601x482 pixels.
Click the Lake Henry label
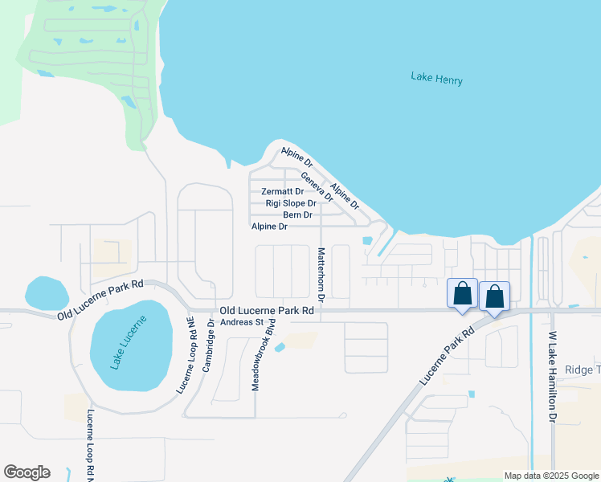(436, 78)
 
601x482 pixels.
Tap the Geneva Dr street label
(317, 186)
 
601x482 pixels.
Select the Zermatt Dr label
(283, 192)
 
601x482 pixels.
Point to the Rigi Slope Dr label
(291, 203)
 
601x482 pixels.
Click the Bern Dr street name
(297, 214)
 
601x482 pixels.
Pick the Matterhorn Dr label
(321, 275)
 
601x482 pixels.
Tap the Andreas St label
(243, 322)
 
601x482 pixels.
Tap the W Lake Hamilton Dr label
(553, 377)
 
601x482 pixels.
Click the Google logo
(27, 472)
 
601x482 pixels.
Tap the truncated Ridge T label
(583, 370)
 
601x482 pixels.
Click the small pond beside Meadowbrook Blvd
(280, 347)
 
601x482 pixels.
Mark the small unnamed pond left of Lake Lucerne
(47, 293)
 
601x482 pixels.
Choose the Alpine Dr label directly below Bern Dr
(269, 227)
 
